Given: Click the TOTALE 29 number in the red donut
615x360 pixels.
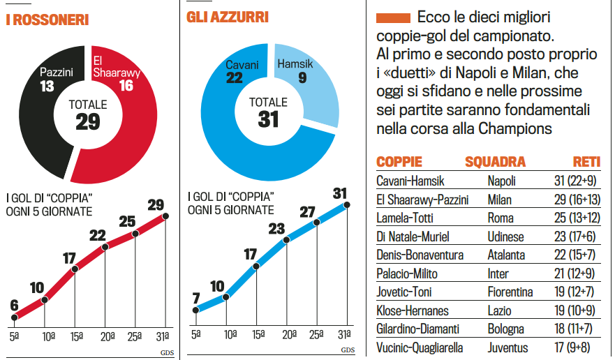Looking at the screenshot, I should click(x=88, y=122).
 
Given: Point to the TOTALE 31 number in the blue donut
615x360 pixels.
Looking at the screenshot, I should click(x=268, y=119).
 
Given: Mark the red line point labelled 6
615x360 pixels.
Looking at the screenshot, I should click(x=15, y=317).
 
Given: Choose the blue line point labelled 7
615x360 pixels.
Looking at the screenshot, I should click(x=197, y=310).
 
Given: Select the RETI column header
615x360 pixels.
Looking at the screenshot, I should click(x=587, y=162).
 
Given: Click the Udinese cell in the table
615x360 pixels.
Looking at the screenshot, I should click(x=506, y=237).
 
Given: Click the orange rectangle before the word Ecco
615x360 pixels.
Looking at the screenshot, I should click(x=393, y=17).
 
